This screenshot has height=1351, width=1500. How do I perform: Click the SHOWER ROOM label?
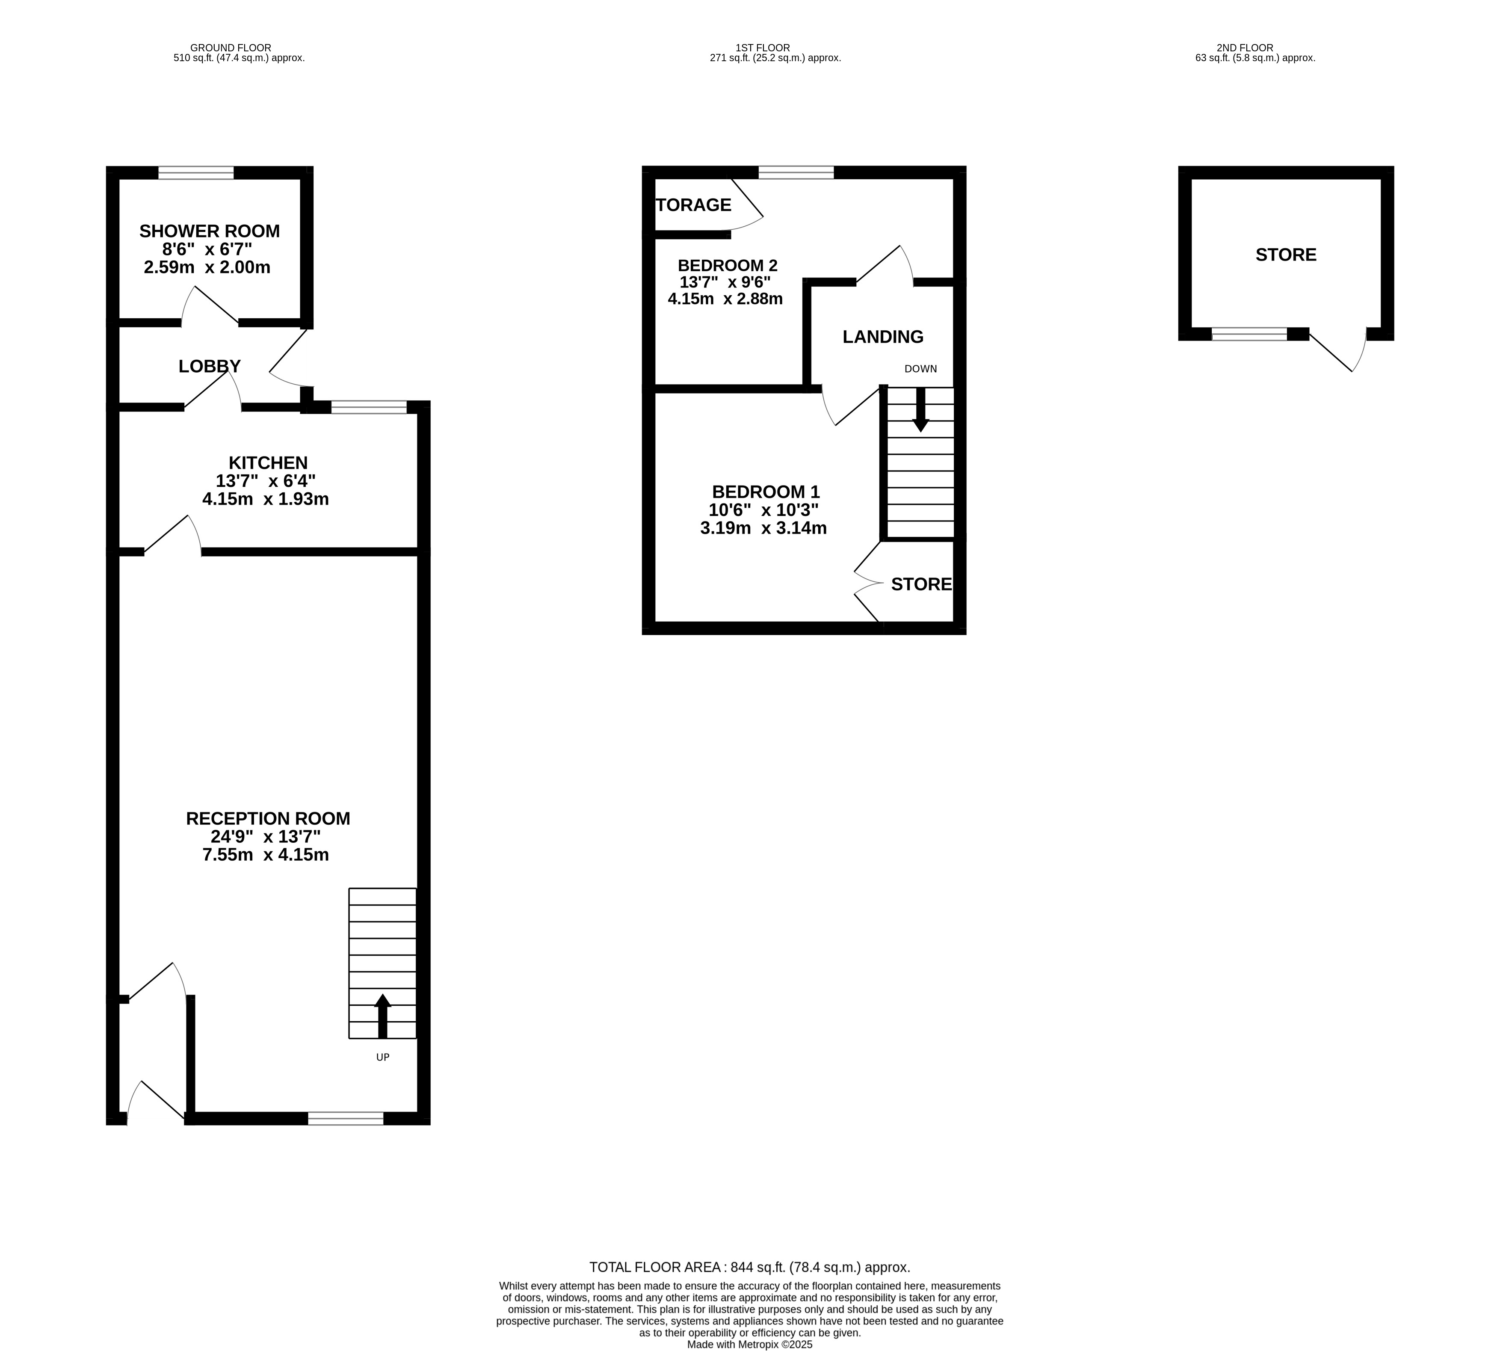tap(209, 231)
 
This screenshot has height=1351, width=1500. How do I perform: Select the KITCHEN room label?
tap(268, 462)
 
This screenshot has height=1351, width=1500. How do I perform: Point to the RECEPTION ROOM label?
tap(268, 818)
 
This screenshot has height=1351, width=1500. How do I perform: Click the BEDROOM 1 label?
tap(765, 492)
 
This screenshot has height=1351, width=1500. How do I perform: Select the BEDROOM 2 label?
tap(728, 265)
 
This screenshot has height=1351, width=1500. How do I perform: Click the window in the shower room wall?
tap(196, 173)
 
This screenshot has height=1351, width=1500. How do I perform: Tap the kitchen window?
tap(369, 407)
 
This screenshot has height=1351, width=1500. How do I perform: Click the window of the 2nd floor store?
tap(1249, 334)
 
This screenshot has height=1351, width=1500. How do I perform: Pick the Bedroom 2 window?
tap(796, 173)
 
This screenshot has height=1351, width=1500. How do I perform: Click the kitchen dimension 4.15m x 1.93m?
tap(266, 499)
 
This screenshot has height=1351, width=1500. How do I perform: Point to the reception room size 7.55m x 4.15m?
tap(266, 854)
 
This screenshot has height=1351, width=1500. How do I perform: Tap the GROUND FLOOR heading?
tap(231, 47)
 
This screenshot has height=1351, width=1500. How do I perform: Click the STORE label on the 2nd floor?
tap(1286, 255)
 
